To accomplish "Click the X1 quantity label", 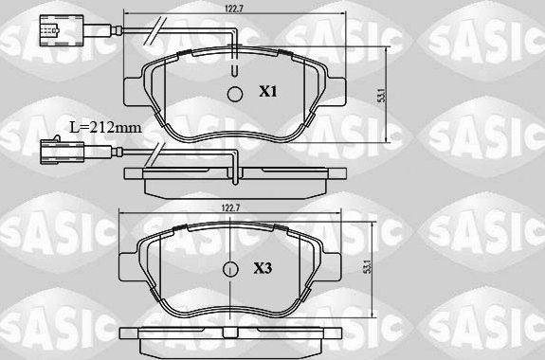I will coord(268,92).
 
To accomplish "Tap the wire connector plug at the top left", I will coord(45,35).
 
